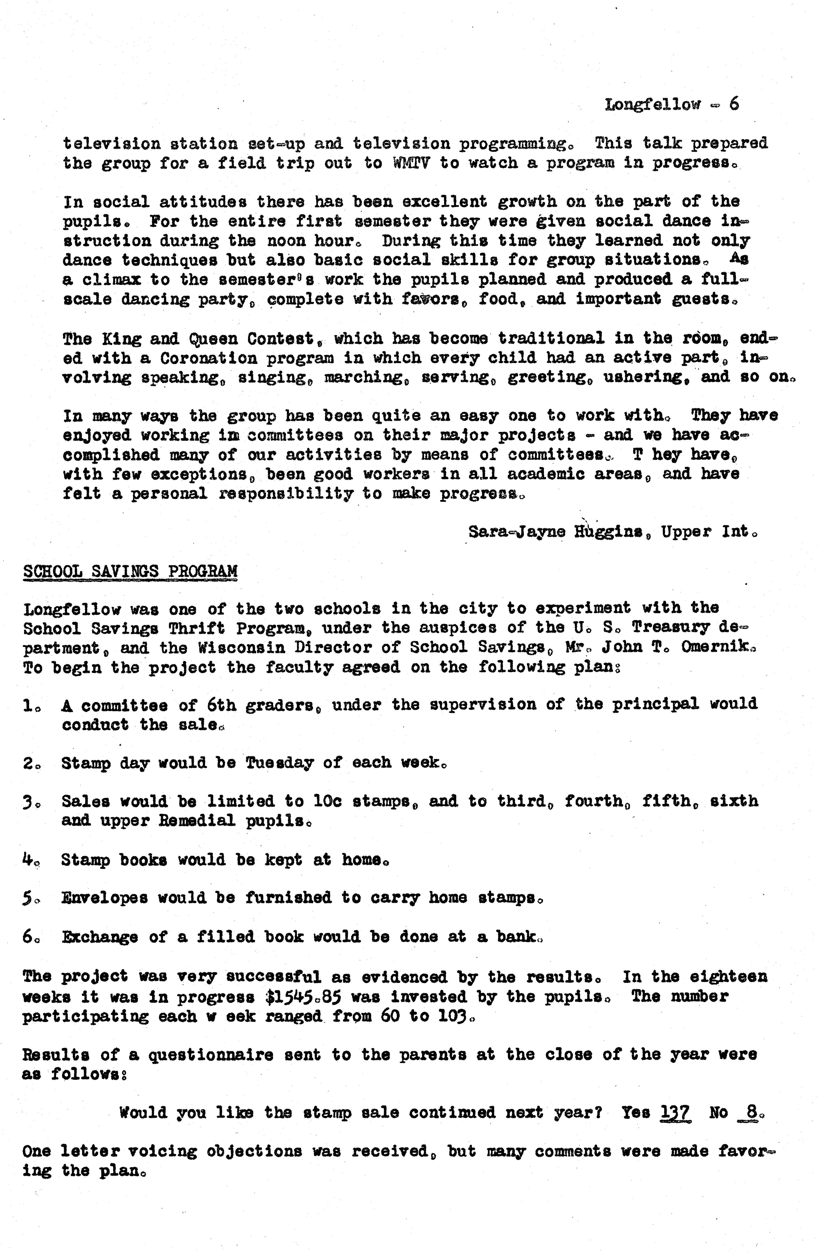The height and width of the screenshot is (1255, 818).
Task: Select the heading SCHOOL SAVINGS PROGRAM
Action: [x=130, y=571]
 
